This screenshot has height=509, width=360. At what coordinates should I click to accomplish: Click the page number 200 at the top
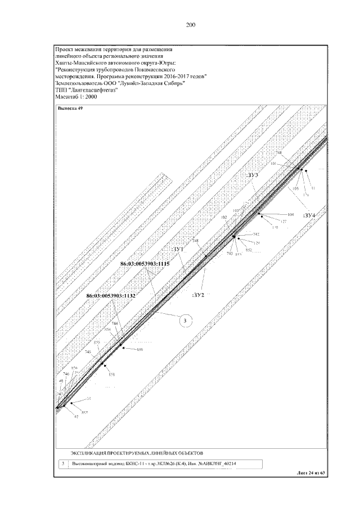[x=190, y=24]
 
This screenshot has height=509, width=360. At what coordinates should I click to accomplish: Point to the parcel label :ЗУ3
[x=252, y=175]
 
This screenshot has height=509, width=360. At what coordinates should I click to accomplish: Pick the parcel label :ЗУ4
[x=309, y=215]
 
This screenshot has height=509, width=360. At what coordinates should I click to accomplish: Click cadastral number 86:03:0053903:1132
[x=111, y=295]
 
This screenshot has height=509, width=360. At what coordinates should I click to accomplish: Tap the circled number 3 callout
[x=185, y=321]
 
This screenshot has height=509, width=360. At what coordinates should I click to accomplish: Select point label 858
[x=111, y=374]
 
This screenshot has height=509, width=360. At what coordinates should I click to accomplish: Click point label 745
[x=88, y=352]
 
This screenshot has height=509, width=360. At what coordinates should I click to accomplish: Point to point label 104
[x=290, y=215]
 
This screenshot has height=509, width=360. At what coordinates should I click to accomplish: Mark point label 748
[x=196, y=241]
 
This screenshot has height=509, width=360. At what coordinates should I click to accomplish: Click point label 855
[x=97, y=343]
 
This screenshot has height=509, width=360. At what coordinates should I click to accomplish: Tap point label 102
[x=224, y=217]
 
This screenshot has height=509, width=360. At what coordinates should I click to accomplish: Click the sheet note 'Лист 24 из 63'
[x=311, y=473]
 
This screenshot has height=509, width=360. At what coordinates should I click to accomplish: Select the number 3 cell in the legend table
[x=64, y=464]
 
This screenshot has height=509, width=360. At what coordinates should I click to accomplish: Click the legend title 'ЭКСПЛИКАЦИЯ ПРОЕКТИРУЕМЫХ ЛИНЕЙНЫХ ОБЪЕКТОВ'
[x=137, y=452]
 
